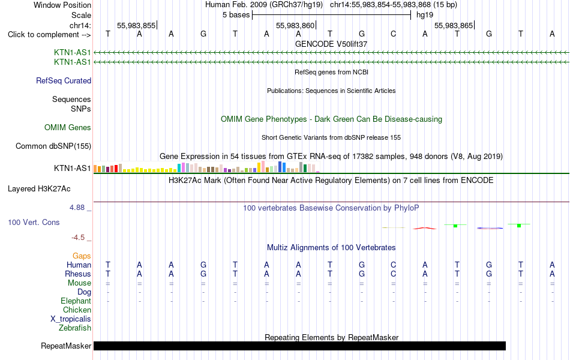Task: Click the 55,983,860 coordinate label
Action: [x=295, y=25]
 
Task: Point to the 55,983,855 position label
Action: [x=136, y=25]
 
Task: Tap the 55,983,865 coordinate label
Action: [x=454, y=25]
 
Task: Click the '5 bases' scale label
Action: [x=236, y=15]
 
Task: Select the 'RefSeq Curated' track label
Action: [x=64, y=81]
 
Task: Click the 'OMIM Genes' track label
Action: [x=68, y=128]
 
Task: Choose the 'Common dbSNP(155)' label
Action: [x=53, y=146]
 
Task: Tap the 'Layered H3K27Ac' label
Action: [x=39, y=189]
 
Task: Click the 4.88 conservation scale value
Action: [x=77, y=208]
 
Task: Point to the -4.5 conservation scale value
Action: [x=78, y=238]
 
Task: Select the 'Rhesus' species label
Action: [x=78, y=274]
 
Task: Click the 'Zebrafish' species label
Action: [x=75, y=328]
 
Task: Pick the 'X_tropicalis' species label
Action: [x=71, y=319]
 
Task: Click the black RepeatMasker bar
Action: [x=299, y=346]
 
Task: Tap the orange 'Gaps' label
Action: [x=82, y=256]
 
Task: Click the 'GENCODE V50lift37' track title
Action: [x=331, y=44]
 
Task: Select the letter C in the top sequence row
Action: [x=394, y=34]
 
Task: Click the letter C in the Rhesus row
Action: [x=394, y=274]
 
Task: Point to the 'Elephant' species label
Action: [x=76, y=301]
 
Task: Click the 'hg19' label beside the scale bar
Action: [x=425, y=15]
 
